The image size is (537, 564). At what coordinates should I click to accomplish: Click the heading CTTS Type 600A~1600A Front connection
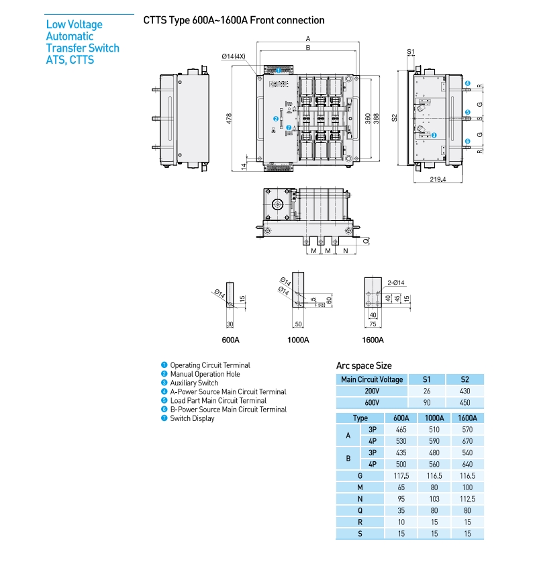click(x=234, y=20)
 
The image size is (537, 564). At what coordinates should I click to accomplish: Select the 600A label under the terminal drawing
click(x=230, y=340)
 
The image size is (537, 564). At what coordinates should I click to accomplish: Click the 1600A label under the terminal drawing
click(x=373, y=340)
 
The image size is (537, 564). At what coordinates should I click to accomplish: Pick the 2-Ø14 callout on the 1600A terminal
click(x=396, y=283)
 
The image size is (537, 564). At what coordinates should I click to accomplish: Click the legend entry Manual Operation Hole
click(x=205, y=374)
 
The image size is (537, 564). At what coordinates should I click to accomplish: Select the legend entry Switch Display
click(x=192, y=418)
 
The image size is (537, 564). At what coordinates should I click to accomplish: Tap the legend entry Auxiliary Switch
click(x=194, y=383)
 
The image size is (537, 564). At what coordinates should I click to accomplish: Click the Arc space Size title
click(x=364, y=366)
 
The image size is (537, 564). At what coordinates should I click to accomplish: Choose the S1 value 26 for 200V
click(x=428, y=391)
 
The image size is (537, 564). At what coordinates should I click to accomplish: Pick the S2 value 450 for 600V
click(x=465, y=402)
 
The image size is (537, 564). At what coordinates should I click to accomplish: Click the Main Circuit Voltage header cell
click(x=372, y=379)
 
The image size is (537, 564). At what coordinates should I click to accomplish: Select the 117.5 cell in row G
click(x=400, y=475)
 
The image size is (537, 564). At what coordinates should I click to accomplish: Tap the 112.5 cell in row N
click(x=465, y=499)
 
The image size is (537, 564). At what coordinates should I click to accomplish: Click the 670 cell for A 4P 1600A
click(x=465, y=440)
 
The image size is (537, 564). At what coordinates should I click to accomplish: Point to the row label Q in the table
click(x=360, y=510)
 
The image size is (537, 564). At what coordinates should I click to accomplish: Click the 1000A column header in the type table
click(x=432, y=418)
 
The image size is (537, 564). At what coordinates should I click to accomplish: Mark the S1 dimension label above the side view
click(x=411, y=52)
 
